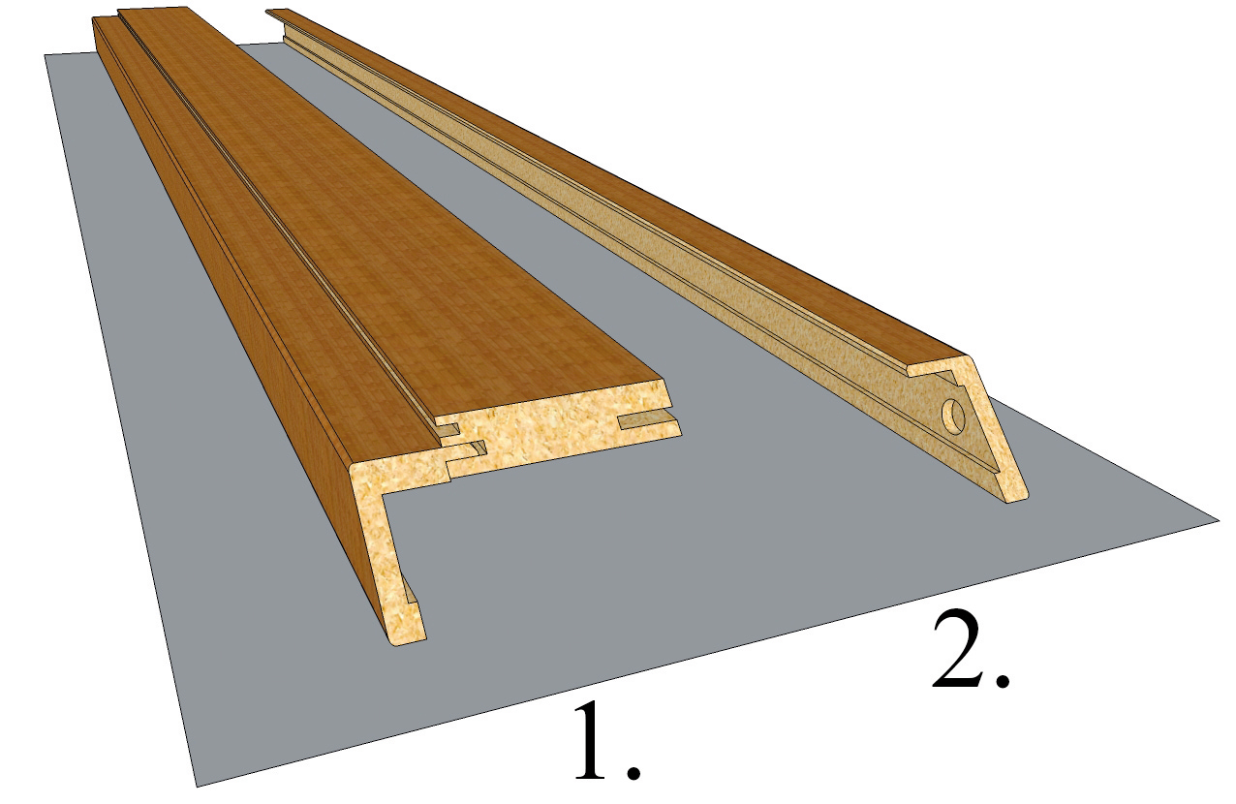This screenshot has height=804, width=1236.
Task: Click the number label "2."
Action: (x=973, y=650)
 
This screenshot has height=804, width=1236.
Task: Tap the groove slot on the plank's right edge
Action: (x=649, y=422)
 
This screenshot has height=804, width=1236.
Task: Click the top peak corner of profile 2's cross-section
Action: (x=966, y=356)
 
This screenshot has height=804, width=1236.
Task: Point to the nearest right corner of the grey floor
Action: (x=1219, y=520)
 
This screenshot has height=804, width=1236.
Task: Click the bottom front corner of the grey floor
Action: (x=197, y=787)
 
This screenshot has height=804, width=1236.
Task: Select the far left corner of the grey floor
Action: (x=46, y=54)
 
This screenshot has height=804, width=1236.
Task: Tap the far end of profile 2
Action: (x=276, y=11)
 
